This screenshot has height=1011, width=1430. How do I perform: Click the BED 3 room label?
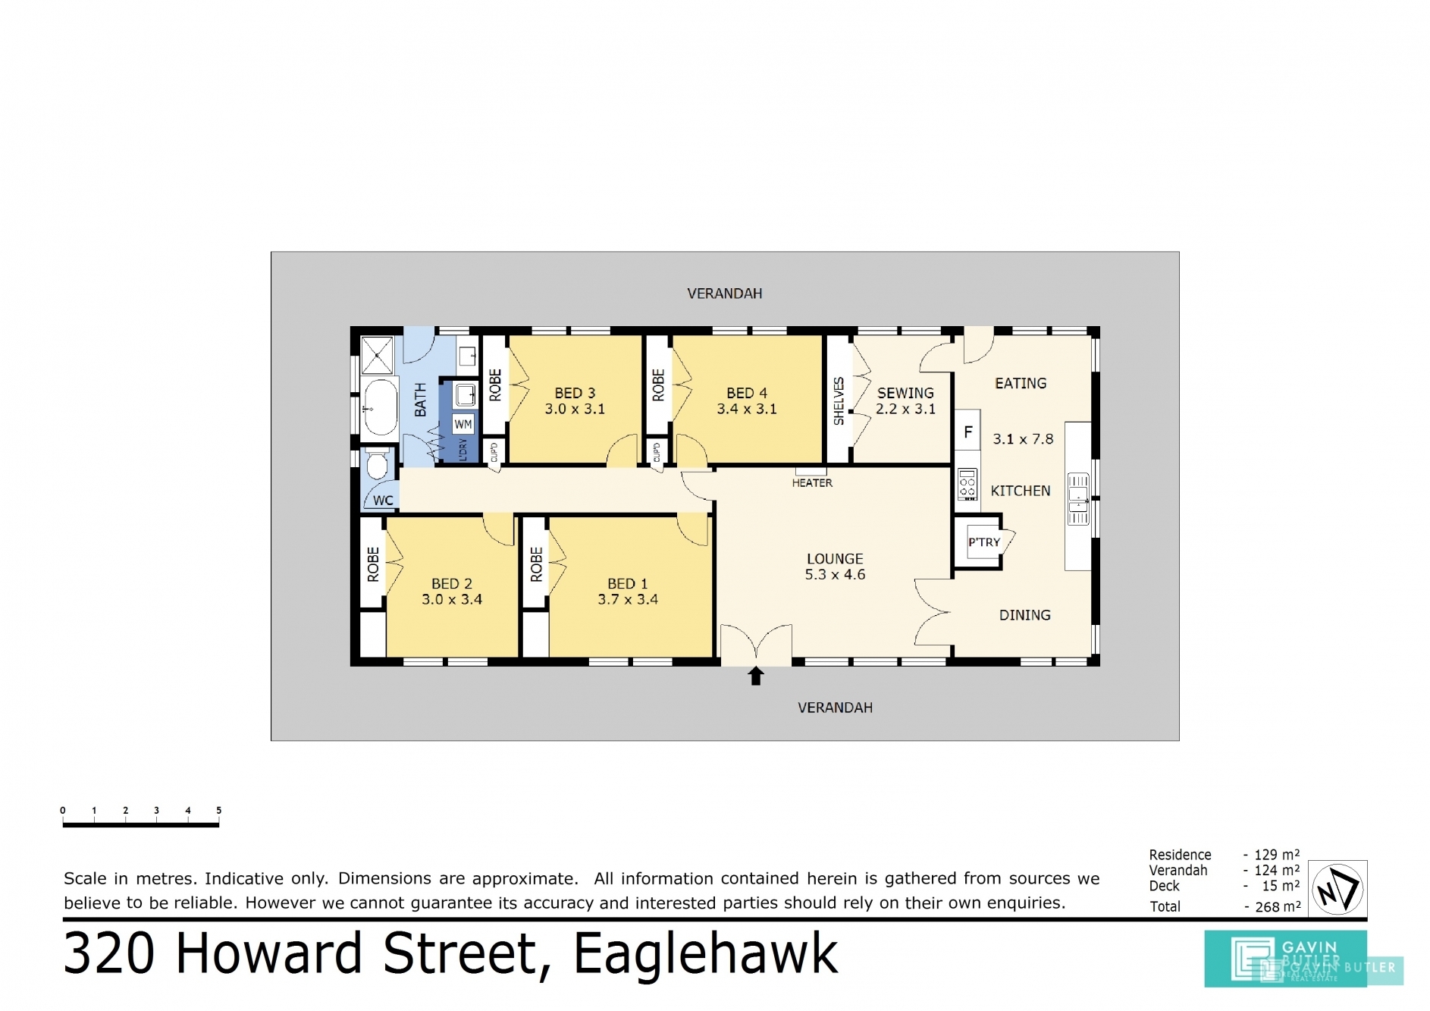pos(575,394)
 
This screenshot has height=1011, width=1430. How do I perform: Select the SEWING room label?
pos(906,394)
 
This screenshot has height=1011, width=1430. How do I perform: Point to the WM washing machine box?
pos(463,425)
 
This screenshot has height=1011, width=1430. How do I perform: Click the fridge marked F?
pos(968,432)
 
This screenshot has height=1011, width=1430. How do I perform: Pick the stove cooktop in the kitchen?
pos(967,485)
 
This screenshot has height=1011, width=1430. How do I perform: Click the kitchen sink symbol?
pos(1078,498)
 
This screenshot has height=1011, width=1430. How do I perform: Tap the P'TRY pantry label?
pos(983,542)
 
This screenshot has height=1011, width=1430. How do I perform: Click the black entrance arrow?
pos(756,676)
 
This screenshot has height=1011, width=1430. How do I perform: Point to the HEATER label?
pos(812,483)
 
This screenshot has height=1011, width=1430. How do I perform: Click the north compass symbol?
pos(1338,889)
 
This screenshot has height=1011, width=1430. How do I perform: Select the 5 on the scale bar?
pos(219,811)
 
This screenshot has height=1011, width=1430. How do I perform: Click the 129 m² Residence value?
pos(1277,855)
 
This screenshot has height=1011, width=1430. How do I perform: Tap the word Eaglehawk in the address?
pos(706,954)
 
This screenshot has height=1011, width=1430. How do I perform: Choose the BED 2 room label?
pos(452,584)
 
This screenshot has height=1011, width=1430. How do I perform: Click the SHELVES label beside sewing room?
pos(839,401)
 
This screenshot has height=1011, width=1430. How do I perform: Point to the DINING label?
pos(1025,615)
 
